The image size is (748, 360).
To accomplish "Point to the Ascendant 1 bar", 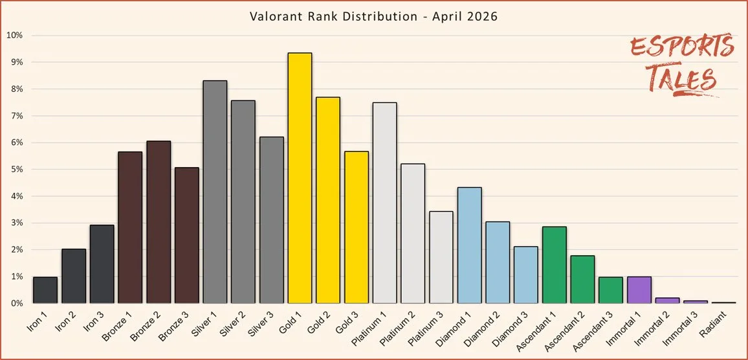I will [555, 265].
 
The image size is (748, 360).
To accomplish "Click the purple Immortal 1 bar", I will [639, 290].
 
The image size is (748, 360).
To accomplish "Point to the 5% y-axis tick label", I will [16, 169].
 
